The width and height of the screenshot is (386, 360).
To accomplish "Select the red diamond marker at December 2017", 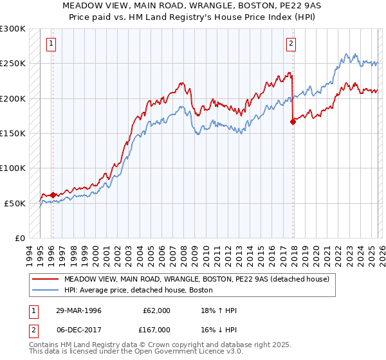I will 293,122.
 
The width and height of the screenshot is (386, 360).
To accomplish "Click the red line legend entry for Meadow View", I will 196,279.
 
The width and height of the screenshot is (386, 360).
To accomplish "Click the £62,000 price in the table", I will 156,310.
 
